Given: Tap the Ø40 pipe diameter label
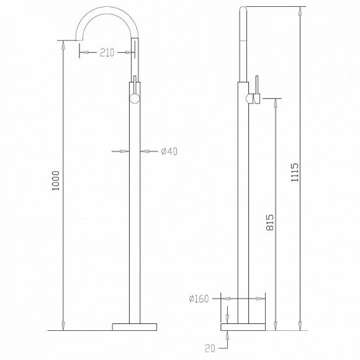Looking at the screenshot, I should click(x=169, y=150).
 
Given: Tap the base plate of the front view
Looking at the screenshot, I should click(x=134, y=325).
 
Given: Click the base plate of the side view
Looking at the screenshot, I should click(x=244, y=325).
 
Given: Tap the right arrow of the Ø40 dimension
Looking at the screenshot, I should click(x=145, y=150).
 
